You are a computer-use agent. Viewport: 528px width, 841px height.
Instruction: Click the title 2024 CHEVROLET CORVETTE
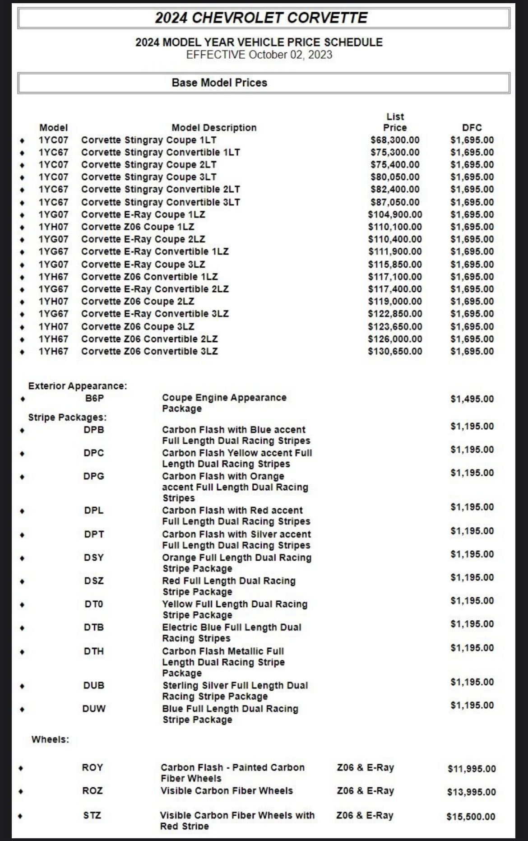pyautogui.click(x=261, y=18)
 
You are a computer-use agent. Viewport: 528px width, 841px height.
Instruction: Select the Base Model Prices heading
pyautogui.click(x=219, y=83)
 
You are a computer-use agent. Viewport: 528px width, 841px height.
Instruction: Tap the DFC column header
pyautogui.click(x=472, y=128)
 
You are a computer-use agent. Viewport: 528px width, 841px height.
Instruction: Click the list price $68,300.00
pyautogui.click(x=395, y=140)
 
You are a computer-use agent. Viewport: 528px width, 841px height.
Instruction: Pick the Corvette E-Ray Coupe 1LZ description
pyautogui.click(x=143, y=214)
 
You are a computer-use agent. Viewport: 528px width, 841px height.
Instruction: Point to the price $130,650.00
pyautogui.click(x=395, y=351)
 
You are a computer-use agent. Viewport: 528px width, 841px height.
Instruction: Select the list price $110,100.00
pyautogui.click(x=395, y=227)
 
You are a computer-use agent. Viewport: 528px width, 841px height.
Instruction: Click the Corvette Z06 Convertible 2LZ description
pyautogui.click(x=149, y=339)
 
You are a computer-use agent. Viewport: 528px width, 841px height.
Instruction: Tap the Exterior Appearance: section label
pyautogui.click(x=78, y=386)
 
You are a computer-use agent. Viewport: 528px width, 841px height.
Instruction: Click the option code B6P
pyautogui.click(x=94, y=398)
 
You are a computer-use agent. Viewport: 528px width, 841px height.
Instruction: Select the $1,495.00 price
pyautogui.click(x=472, y=399)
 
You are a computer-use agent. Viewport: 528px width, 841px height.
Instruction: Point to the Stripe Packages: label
pyautogui.click(x=67, y=417)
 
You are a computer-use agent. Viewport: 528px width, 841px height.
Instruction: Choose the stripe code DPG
pyautogui.click(x=94, y=476)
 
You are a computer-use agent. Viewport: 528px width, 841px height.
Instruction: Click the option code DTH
pyautogui.click(x=94, y=651)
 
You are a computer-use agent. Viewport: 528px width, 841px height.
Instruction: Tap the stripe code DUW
pyautogui.click(x=94, y=709)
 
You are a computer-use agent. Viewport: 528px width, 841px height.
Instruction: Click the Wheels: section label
pyautogui.click(x=50, y=739)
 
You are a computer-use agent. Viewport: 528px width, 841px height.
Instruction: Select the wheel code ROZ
pyautogui.click(x=93, y=791)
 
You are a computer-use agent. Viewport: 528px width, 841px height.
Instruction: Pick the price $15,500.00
pyautogui.click(x=471, y=817)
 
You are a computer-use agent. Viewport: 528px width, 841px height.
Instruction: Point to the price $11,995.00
pyautogui.click(x=472, y=768)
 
